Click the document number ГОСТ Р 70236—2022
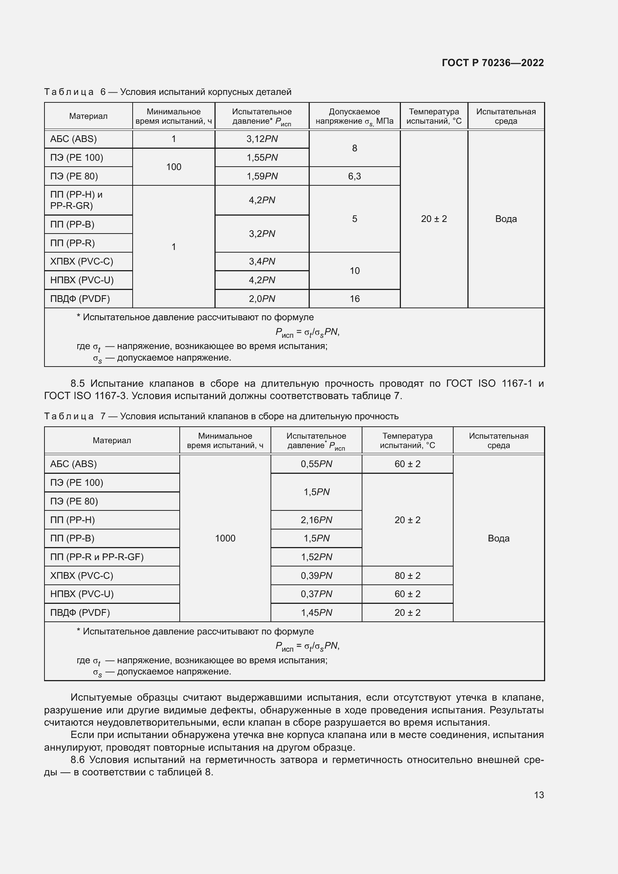pos(492,63)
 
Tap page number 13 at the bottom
pos(538,795)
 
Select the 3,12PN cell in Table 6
pos(262,139)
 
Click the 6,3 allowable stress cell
pos(354,176)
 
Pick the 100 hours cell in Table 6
pos(173,167)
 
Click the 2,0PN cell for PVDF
pos(262,299)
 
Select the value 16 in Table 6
pos(354,299)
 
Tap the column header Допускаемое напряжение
pos(354,117)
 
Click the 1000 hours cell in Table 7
pos(225,538)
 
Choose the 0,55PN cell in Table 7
pos(316,464)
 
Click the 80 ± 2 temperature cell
pos(407,575)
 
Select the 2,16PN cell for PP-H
pos(316,520)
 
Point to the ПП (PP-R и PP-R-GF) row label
pos(97,557)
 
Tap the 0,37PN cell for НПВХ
pos(316,594)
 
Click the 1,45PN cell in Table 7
pos(316,612)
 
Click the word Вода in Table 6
pos(506,219)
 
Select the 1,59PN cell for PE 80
pos(262,176)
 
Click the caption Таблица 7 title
pos(221,416)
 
